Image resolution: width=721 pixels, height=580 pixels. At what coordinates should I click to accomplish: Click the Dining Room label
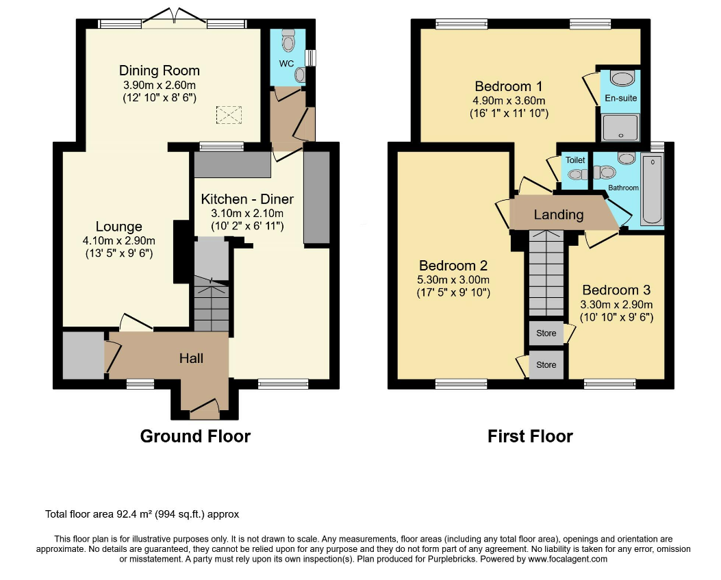[159, 71]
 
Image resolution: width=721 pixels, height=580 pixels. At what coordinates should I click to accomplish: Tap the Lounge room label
[118, 226]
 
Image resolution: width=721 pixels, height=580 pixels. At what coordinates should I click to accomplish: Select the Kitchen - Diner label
[247, 199]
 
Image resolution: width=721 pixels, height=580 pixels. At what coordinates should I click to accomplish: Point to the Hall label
[191, 358]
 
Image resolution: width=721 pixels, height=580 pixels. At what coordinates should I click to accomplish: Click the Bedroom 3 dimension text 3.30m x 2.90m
[616, 305]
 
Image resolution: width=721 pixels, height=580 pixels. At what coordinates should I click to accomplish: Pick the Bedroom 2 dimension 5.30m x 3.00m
[453, 279]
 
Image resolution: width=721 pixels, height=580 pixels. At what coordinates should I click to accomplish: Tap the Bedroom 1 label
[509, 86]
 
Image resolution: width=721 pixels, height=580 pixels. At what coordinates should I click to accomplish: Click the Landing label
[559, 215]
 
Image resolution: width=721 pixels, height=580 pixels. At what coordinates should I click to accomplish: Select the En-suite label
[621, 98]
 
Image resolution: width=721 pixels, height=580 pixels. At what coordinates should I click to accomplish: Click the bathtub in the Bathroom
[653, 190]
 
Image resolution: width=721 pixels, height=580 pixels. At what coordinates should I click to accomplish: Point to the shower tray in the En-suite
[621, 127]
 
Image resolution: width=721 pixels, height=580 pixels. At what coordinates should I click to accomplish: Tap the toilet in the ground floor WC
[289, 40]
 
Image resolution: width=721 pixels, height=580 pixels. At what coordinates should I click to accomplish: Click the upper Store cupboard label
[546, 333]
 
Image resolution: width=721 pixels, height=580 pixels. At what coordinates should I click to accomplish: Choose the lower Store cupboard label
[546, 365]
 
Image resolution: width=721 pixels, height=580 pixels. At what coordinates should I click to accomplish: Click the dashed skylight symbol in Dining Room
[229, 114]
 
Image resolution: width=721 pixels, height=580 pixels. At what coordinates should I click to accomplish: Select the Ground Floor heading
[195, 436]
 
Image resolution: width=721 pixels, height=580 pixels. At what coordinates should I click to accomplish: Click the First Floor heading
[530, 436]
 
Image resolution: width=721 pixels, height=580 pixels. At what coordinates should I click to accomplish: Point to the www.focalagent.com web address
[568, 559]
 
